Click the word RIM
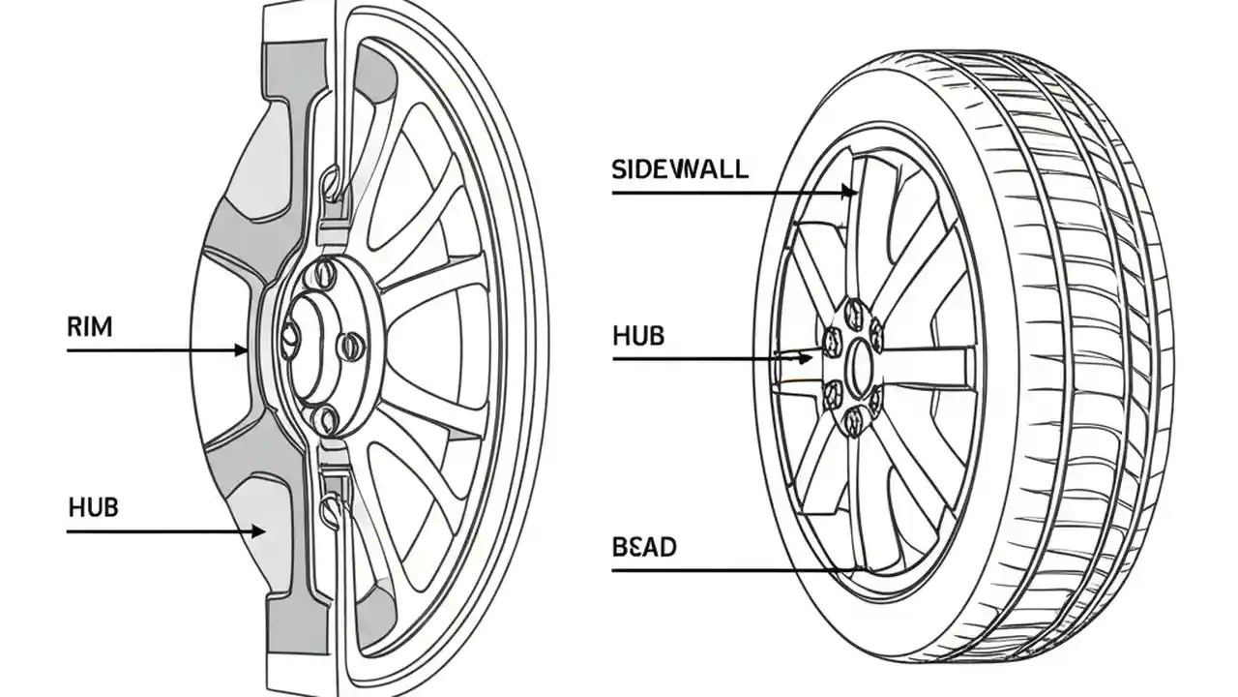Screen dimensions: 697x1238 89,327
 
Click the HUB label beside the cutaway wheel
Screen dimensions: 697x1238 94,506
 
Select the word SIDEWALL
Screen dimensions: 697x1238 680,169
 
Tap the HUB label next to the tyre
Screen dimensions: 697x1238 638,336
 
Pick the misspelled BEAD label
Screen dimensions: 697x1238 644,547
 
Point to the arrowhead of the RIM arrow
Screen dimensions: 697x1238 242,350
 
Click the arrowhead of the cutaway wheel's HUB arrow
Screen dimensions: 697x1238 258,530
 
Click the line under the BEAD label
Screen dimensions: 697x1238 725,570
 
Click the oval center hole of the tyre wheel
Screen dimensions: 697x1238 859,368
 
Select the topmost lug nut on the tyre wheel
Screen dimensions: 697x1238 854,313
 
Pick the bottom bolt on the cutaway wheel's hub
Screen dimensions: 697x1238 327,418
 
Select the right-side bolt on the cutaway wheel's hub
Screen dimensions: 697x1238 353,345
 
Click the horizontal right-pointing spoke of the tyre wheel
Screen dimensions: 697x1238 928,368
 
